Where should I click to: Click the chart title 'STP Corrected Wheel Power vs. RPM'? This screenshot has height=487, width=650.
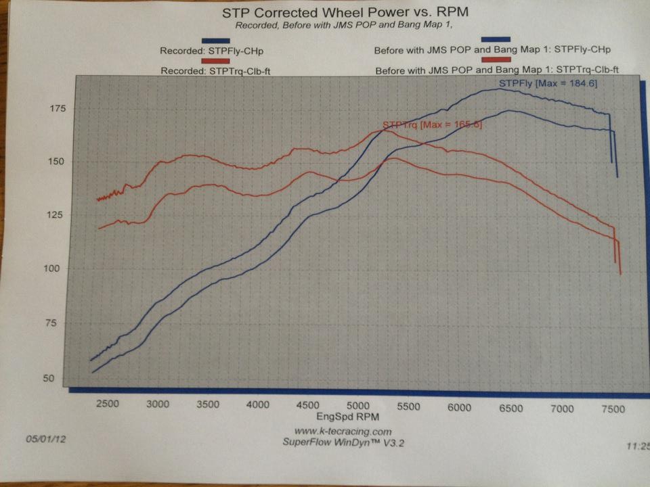(x=345, y=12)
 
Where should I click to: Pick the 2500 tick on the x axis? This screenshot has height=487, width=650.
(x=107, y=404)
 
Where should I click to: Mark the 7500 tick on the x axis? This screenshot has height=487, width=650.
(x=612, y=410)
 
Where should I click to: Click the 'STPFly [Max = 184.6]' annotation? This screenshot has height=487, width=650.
(x=548, y=83)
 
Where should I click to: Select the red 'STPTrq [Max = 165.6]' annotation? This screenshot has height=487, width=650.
(x=432, y=125)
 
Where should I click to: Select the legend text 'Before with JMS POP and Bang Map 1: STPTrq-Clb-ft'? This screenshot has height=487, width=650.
(x=498, y=70)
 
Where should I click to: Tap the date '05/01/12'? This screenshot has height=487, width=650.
(x=45, y=438)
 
